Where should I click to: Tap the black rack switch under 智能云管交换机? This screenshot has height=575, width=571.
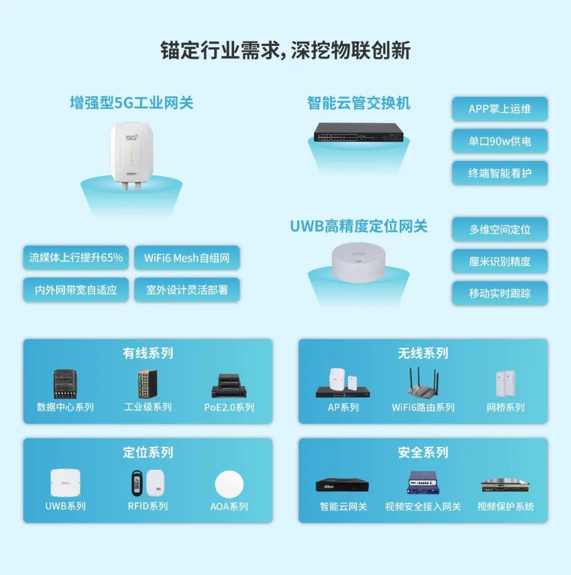tap(358, 133)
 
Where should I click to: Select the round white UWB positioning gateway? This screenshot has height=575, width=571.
tap(358, 262)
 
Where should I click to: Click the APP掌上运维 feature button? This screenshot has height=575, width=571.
tap(500, 109)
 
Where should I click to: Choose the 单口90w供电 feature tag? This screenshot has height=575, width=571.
tap(500, 141)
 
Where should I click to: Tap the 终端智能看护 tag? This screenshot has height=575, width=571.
tap(500, 173)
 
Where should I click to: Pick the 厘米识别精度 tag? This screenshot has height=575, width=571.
tap(500, 261)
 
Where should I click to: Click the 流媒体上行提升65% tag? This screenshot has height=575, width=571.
tap(76, 258)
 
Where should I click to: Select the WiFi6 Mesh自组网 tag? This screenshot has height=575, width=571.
tap(187, 258)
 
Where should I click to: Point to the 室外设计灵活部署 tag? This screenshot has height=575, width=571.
tap(187, 290)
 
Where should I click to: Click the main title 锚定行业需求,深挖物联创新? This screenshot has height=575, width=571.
tap(285, 50)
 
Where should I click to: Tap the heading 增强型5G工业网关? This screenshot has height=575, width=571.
tap(131, 103)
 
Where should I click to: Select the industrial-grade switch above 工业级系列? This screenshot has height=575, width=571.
tap(148, 384)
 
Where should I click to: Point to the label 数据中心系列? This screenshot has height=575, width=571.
tap(66, 407)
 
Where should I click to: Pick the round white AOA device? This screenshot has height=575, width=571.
tap(229, 484)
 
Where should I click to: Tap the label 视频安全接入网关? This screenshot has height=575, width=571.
tap(423, 506)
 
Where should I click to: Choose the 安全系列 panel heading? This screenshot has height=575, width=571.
tap(423, 452)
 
